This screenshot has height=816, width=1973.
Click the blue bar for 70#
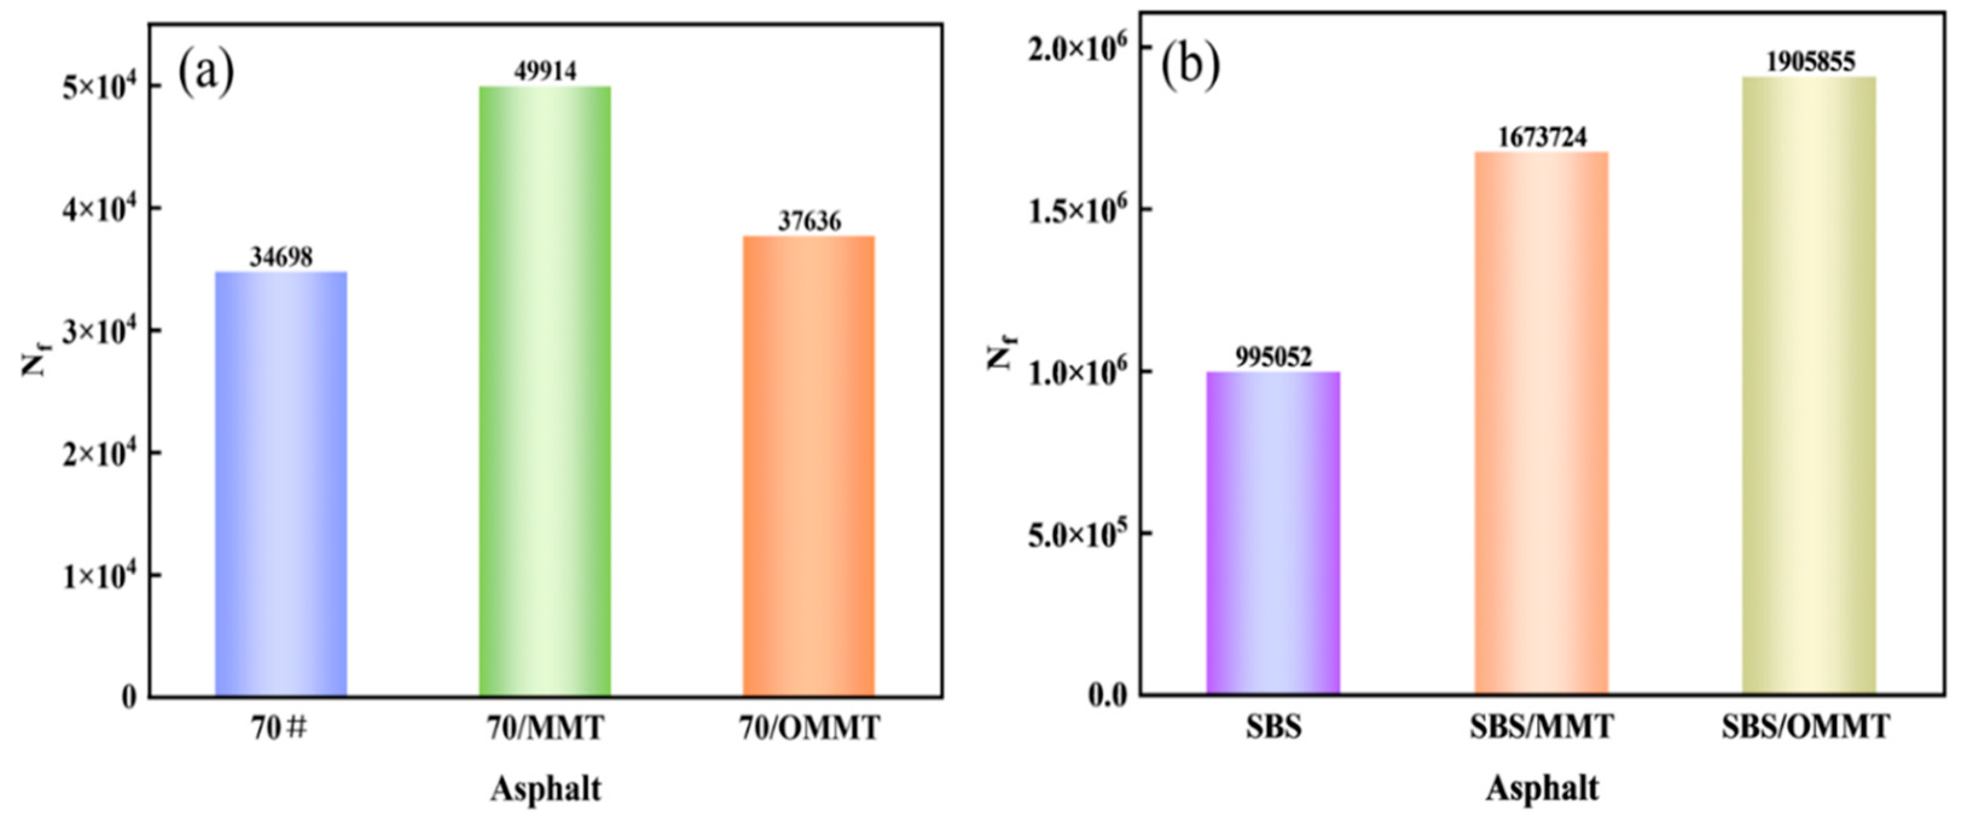281,484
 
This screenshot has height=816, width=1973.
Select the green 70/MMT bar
544,390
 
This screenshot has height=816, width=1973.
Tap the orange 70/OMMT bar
809,466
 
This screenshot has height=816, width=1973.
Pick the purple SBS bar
1273,533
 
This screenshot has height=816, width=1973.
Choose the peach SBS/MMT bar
1541,423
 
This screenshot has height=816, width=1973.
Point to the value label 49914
544,71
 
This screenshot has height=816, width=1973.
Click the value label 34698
281,257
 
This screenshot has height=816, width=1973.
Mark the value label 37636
809,221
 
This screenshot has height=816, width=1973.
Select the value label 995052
1273,357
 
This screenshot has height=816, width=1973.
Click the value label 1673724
1541,137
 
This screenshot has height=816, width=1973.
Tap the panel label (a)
206,72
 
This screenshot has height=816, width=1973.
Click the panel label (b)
1190,63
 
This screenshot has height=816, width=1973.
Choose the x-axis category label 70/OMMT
809,728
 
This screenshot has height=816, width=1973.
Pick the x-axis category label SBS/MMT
1541,727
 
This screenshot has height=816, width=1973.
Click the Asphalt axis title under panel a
546,788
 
